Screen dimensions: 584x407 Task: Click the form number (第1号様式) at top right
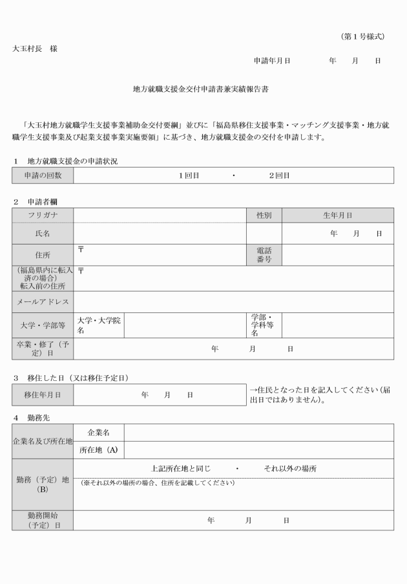tap(363, 37)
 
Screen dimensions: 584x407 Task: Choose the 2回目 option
tap(279, 175)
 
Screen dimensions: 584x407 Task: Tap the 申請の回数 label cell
tap(43, 175)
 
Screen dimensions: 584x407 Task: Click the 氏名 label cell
tap(43, 233)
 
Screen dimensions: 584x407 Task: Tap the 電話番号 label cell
tap(264, 254)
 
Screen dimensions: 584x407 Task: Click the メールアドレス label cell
tap(43, 302)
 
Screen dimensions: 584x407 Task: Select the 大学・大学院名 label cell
tap(99, 325)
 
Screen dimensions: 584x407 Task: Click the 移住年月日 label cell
tap(43, 395)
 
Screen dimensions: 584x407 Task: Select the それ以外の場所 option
tap(290, 468)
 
